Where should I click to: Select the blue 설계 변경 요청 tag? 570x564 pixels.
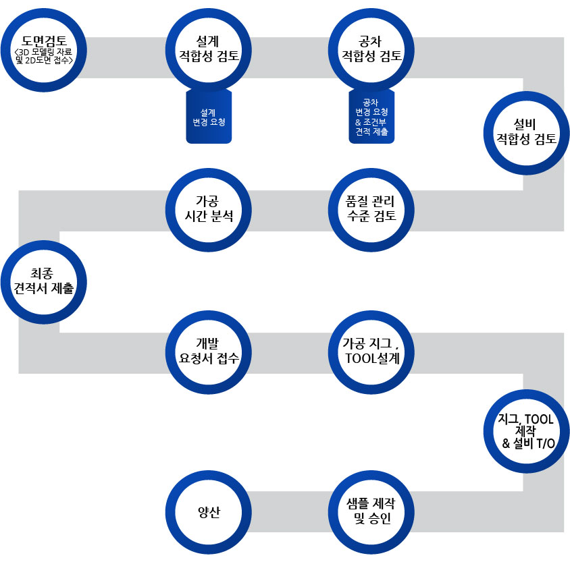tap(209, 116)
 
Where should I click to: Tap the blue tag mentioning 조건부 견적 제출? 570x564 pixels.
tap(371, 116)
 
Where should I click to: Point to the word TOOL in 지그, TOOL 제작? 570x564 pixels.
tap(539, 420)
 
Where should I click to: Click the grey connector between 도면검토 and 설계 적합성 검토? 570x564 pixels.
tap(126, 57)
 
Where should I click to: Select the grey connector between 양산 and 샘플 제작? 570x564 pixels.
tap(290, 511)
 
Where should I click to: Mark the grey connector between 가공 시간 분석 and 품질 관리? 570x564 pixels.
tap(290, 210)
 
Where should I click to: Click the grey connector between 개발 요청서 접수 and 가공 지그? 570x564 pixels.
tap(290, 353)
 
